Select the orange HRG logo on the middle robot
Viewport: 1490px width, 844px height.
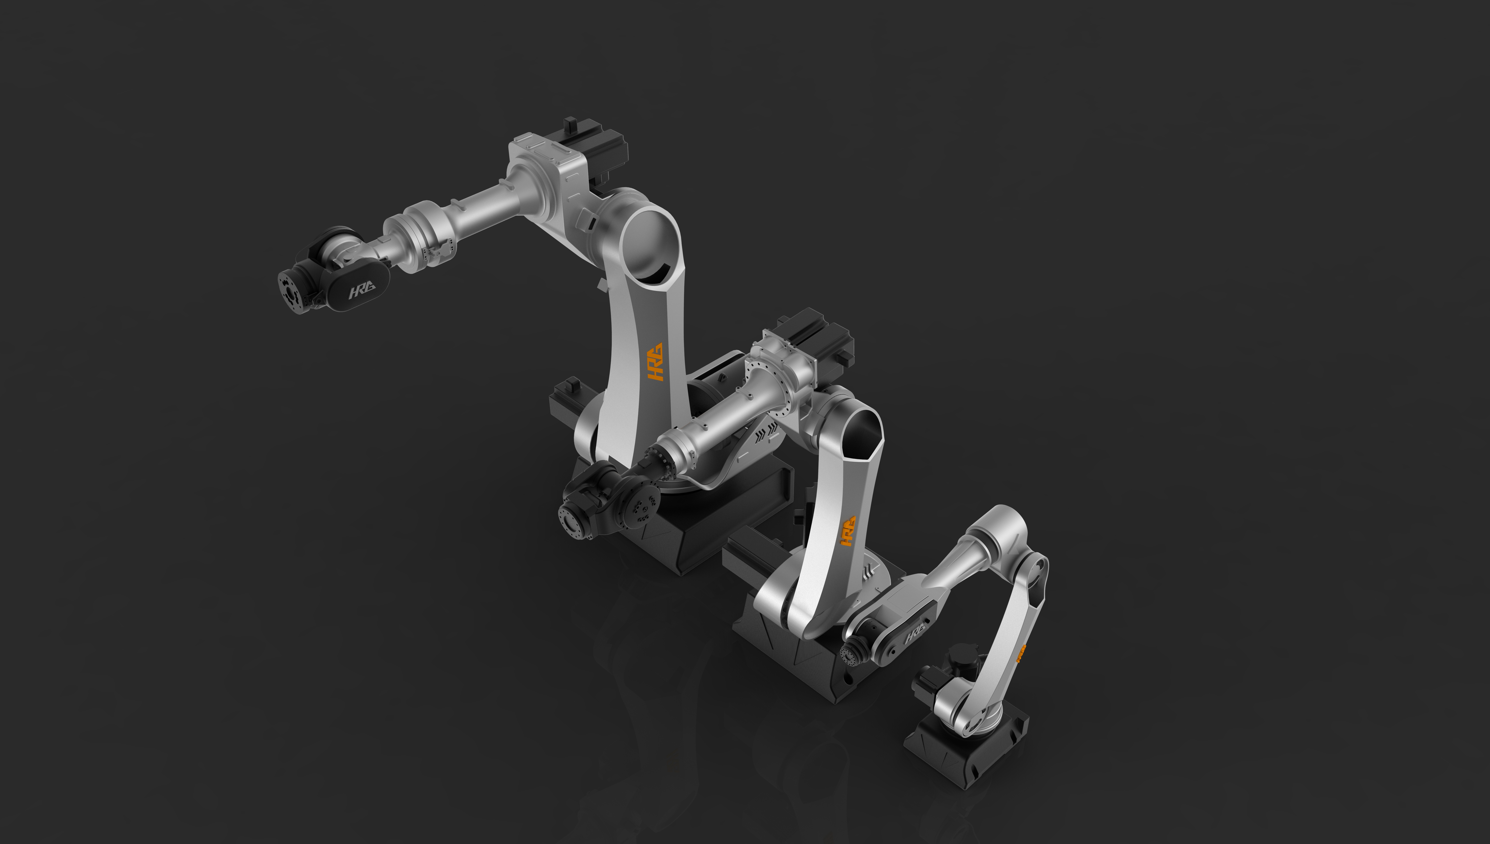coord(848,531)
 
